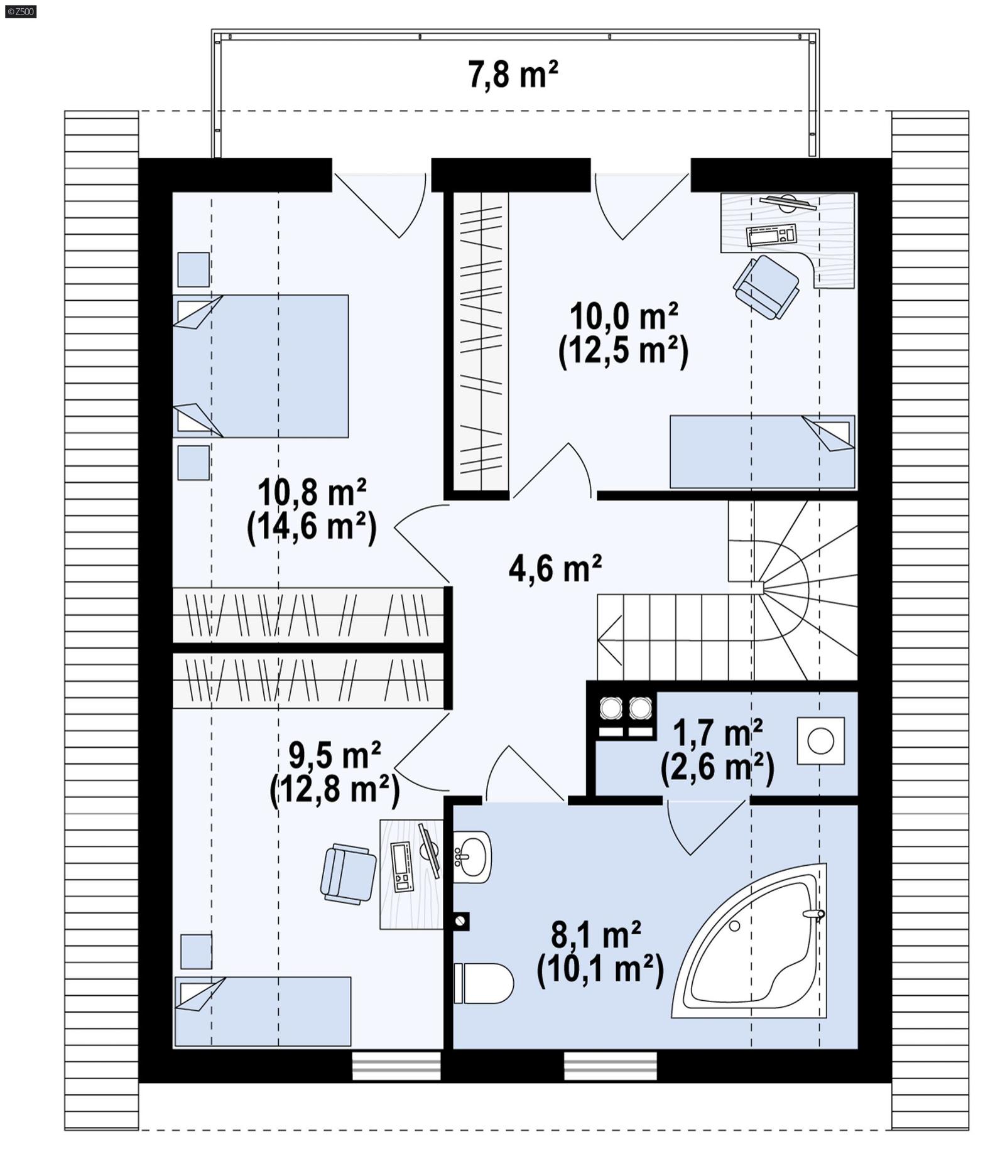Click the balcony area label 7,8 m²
coord(512,74)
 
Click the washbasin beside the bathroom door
coord(471,856)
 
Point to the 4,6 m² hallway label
coord(555,568)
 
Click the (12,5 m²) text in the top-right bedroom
coord(622,352)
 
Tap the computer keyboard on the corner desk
coord(771,235)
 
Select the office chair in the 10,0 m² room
coord(766,286)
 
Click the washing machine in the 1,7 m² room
coord(820,741)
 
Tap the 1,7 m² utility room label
coord(717,732)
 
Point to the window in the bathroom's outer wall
coord(610,1066)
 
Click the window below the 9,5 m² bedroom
coord(396,1066)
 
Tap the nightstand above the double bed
coord(193,269)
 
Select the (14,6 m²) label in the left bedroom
coord(312,527)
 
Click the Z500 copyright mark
coord(20,11)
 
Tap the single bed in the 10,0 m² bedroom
coord(761,451)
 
